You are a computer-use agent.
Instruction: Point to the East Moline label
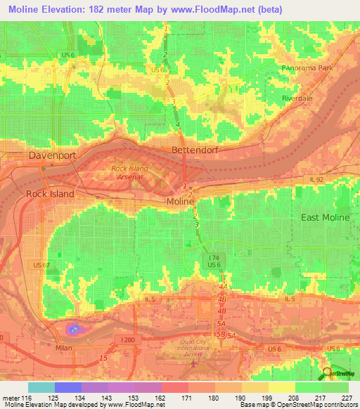tap(325, 217)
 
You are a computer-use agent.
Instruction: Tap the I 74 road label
tap(214, 258)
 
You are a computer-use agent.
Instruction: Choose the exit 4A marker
tap(224, 287)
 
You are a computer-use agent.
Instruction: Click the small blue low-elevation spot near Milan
tap(73, 328)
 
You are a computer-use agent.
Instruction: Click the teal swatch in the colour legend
tap(41, 387)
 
